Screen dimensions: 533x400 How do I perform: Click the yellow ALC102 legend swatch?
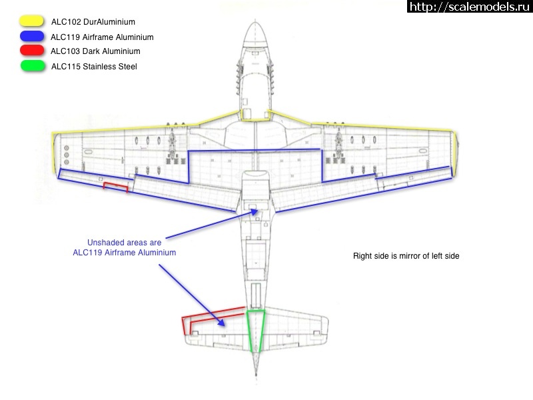click(x=31, y=21)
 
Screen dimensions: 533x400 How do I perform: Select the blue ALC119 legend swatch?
click(x=31, y=36)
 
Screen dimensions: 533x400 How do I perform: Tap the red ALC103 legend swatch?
click(x=31, y=51)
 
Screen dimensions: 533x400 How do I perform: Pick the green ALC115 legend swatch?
click(x=32, y=65)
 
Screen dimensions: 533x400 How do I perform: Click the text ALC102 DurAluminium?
click(x=93, y=22)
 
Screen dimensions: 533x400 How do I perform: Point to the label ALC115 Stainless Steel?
click(x=94, y=66)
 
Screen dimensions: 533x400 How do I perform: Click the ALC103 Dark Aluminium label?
click(x=95, y=51)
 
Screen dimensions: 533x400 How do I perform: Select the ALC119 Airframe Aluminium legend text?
click(x=102, y=37)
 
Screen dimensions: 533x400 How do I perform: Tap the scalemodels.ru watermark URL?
click(x=470, y=7)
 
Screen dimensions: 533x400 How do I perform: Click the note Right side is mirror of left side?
click(x=406, y=256)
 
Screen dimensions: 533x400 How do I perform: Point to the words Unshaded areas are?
click(x=125, y=243)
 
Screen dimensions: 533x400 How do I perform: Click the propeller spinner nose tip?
click(x=256, y=22)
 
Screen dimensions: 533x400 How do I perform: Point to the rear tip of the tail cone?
click(x=256, y=375)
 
